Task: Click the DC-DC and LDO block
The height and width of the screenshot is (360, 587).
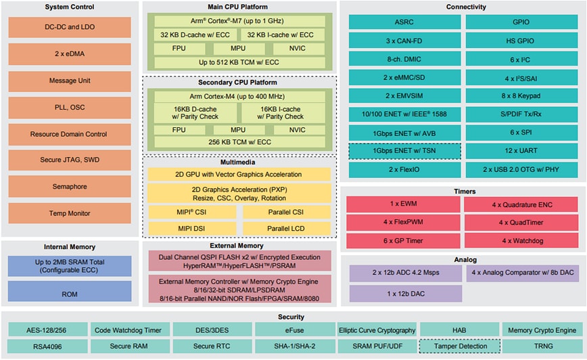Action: tap(70, 26)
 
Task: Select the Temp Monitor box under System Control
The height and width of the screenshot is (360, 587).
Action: tap(70, 213)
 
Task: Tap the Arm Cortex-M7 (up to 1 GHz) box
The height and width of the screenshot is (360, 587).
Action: tap(239, 21)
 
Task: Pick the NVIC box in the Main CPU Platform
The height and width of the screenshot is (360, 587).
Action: tap(298, 49)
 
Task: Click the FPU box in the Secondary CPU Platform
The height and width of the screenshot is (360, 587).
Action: tap(179, 129)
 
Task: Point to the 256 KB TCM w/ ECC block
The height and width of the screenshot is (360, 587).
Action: tap(239, 142)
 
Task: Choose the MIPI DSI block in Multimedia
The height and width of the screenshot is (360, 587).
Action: tap(192, 229)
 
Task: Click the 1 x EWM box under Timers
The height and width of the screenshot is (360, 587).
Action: tap(404, 204)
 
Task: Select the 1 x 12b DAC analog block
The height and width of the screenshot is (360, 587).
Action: tap(406, 294)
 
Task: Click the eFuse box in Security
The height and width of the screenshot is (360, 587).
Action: tap(293, 330)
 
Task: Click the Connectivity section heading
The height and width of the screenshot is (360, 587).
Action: tap(466, 7)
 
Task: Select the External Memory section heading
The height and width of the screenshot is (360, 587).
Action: tap(239, 246)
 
